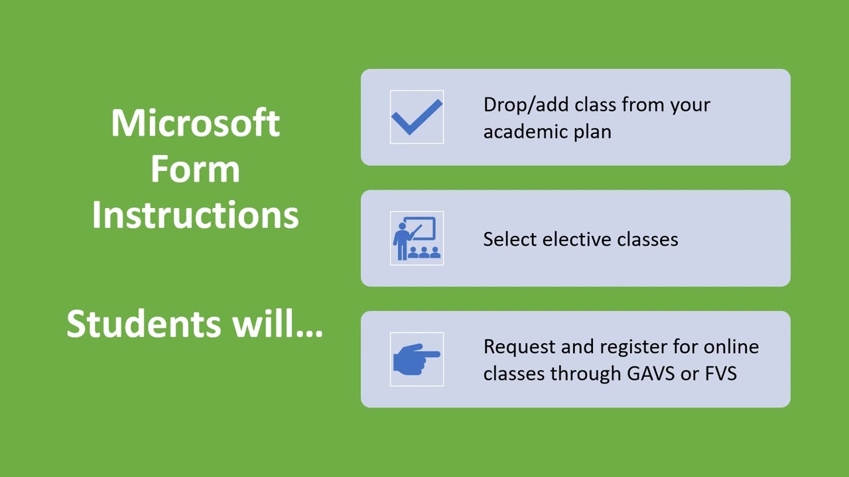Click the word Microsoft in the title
click(x=195, y=123)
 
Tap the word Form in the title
click(x=195, y=170)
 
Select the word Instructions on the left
click(x=195, y=215)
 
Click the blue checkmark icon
click(x=417, y=117)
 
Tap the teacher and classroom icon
click(x=417, y=238)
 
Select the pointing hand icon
click(x=417, y=359)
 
